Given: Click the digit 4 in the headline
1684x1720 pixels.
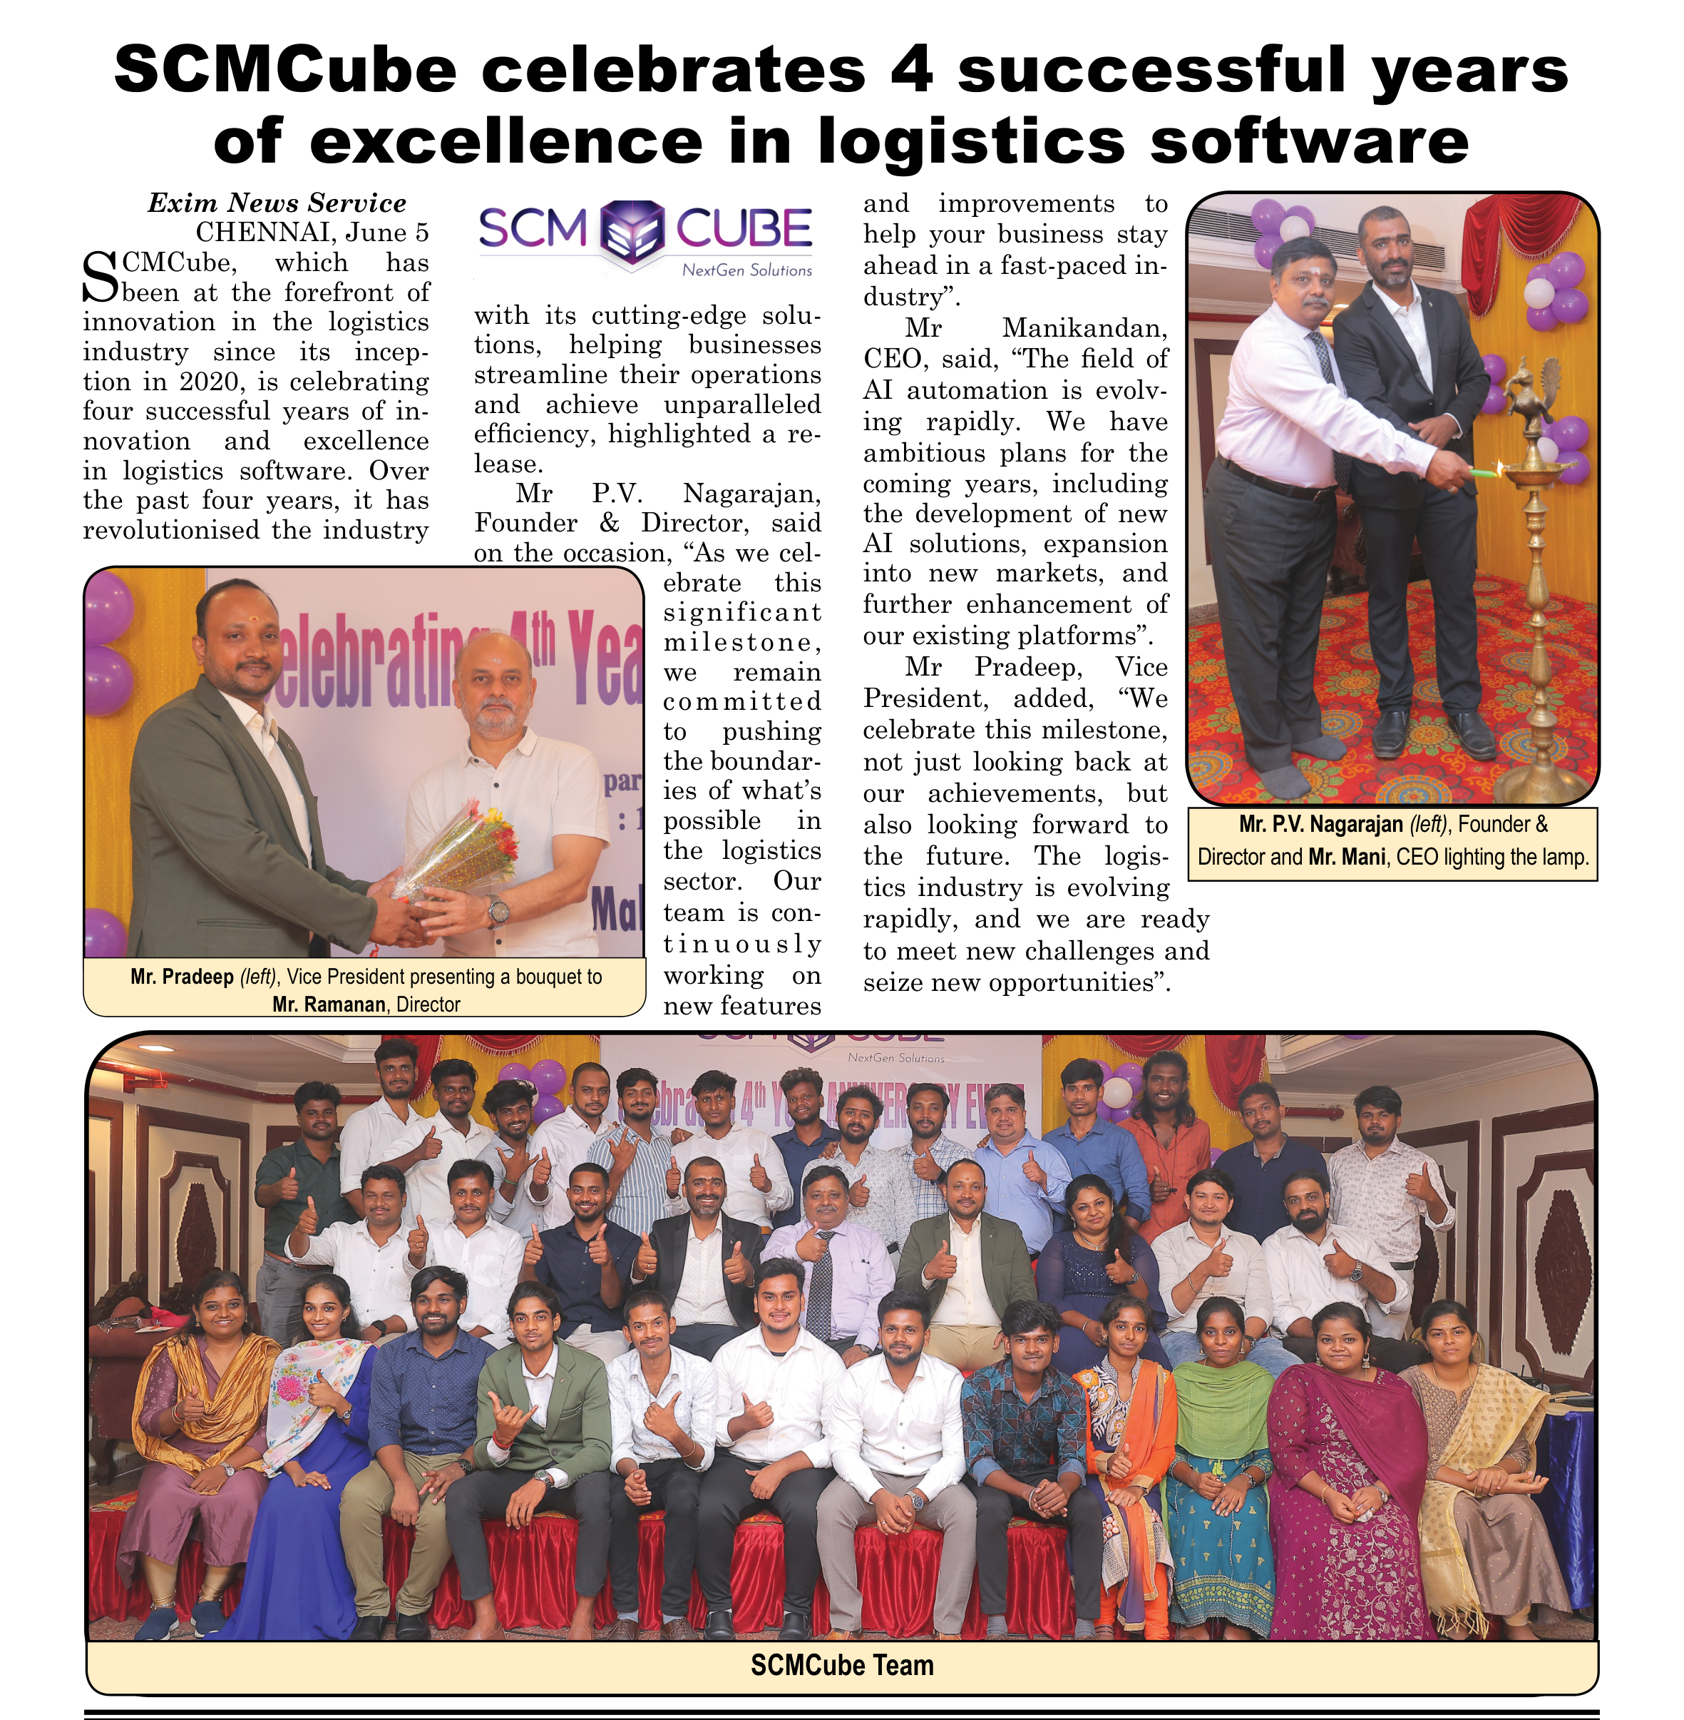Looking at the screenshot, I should [x=910, y=71].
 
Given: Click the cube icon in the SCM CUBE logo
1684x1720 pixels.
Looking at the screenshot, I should [x=632, y=233].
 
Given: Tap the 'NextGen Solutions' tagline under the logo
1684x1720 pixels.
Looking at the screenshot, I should [x=746, y=270].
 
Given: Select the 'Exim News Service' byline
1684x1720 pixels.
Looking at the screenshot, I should [x=277, y=203].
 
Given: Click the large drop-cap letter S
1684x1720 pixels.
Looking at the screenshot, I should [x=100, y=278].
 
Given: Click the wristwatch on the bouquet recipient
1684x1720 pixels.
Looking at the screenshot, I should [x=497, y=910].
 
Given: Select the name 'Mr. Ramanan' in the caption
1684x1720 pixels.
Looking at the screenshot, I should [x=329, y=1004].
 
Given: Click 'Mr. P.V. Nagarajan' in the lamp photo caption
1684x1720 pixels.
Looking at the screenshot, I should [x=1321, y=825].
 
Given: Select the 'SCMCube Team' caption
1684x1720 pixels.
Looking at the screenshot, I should [x=842, y=1665].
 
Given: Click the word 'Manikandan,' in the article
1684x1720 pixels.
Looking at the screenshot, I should [x=1084, y=328].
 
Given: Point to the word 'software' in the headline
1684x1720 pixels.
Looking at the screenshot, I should [x=1309, y=141].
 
